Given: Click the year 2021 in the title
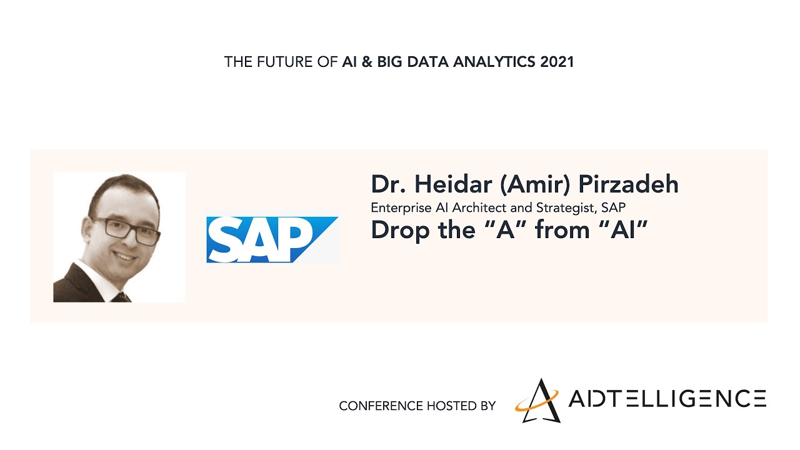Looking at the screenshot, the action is pyautogui.click(x=557, y=62).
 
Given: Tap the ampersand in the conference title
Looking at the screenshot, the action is pyautogui.click(x=367, y=62).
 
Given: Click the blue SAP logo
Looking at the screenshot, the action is pyautogui.click(x=272, y=239).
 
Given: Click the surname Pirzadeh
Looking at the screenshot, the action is pyautogui.click(x=628, y=184).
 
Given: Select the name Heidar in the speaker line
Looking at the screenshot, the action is pyautogui.click(x=453, y=184).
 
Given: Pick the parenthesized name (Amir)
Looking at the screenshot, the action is pyautogui.click(x=535, y=184).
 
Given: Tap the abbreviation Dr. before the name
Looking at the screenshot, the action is pyautogui.click(x=389, y=184).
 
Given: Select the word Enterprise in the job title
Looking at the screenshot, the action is pyautogui.click(x=401, y=208).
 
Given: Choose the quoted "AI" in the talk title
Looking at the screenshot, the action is pyautogui.click(x=623, y=229).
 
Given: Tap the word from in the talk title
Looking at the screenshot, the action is pyautogui.click(x=562, y=229).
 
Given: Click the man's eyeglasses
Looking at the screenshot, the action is pyautogui.click(x=124, y=231).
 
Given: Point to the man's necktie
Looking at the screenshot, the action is pyautogui.click(x=121, y=297).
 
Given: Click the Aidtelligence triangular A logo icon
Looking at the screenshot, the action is pyautogui.click(x=537, y=401).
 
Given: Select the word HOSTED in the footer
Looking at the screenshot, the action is pyautogui.click(x=452, y=406).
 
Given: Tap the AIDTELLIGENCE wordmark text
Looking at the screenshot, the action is pyautogui.click(x=667, y=399).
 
